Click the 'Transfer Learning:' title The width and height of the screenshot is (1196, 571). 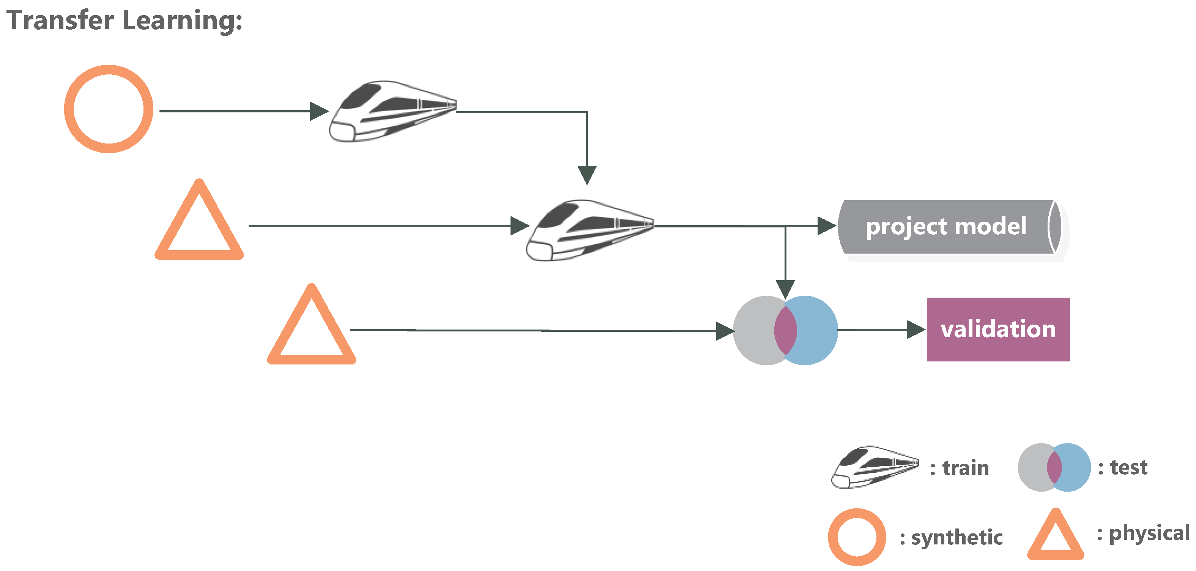click(124, 21)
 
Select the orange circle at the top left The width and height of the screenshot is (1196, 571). click(109, 109)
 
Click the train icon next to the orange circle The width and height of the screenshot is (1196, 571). click(392, 111)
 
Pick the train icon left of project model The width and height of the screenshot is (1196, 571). click(589, 231)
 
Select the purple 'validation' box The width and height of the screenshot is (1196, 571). click(998, 330)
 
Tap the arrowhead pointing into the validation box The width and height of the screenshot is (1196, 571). click(916, 330)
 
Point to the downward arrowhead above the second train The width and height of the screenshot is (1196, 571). click(587, 175)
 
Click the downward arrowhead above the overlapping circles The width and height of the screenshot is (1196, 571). click(785, 289)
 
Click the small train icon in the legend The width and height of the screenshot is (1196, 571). click(875, 467)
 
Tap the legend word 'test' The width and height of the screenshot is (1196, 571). click(1129, 467)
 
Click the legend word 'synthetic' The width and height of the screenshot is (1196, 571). click(957, 538)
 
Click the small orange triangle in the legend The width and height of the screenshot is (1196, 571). click(1055, 536)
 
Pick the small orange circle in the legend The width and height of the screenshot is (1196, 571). click(857, 537)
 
